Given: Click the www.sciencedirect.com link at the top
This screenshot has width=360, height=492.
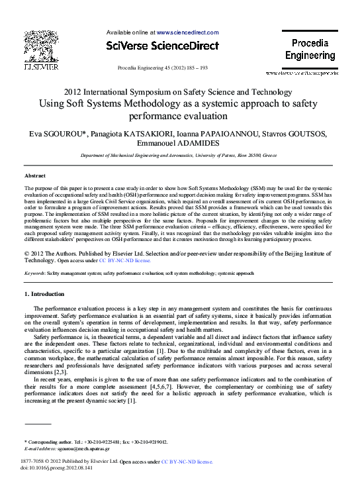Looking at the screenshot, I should point(187,32).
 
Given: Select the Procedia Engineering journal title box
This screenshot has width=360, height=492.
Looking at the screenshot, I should point(310,50).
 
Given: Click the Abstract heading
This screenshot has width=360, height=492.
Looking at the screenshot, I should point(35,176).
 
